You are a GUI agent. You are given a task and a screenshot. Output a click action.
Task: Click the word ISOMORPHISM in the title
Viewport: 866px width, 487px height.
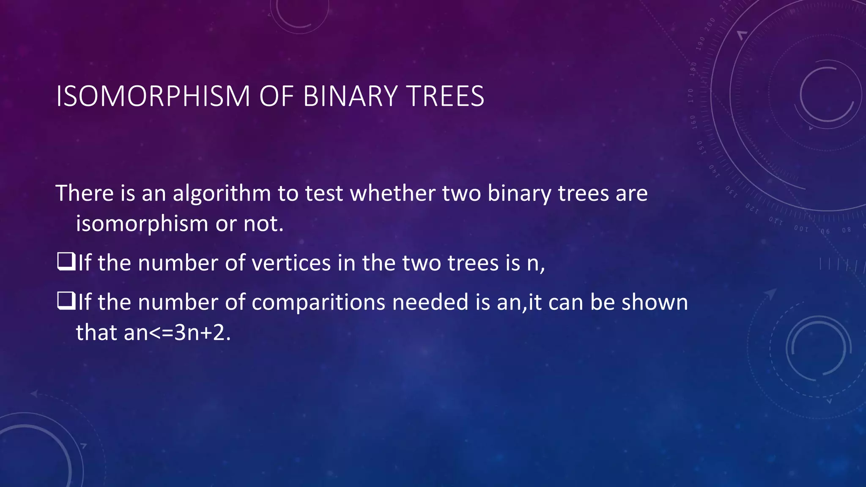tap(153, 96)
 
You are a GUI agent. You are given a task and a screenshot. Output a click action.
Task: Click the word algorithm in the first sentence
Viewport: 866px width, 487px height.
tap(222, 194)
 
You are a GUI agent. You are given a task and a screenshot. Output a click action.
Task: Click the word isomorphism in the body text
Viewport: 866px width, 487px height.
tap(142, 224)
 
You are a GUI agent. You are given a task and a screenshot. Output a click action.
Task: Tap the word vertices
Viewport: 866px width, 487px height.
tap(291, 263)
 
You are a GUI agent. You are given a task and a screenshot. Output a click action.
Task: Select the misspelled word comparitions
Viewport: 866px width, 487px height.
tap(318, 303)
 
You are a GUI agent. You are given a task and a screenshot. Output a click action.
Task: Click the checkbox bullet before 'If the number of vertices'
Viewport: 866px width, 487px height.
tap(66, 262)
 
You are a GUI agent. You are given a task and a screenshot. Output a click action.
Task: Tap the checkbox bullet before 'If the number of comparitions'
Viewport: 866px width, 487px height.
tap(66, 301)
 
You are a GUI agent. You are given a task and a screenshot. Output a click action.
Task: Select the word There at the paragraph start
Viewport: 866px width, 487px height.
tap(85, 194)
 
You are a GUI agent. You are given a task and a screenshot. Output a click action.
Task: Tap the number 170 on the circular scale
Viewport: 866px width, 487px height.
tap(691, 96)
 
